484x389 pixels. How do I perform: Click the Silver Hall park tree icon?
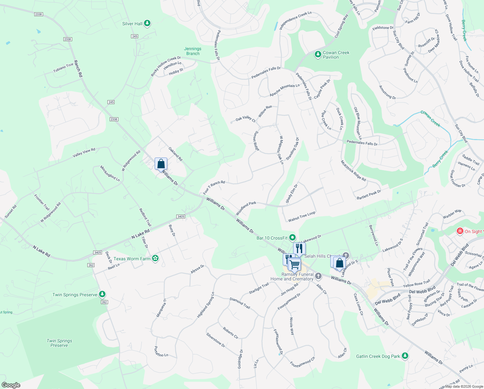pyautogui.click(x=147, y=23)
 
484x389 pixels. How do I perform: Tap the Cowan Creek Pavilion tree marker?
pyautogui.click(x=318, y=54)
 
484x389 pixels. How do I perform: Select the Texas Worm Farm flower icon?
pyautogui.click(x=155, y=258)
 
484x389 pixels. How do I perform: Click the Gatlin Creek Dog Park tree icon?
pyautogui.click(x=405, y=356)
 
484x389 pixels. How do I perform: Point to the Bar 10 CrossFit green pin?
pyautogui.click(x=292, y=238)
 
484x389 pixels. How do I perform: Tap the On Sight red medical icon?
pyautogui.click(x=460, y=231)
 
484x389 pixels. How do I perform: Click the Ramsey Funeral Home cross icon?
pyautogui.click(x=318, y=276)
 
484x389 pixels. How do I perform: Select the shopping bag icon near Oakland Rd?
pyautogui.click(x=161, y=164)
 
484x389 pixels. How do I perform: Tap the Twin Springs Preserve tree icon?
pyautogui.click(x=102, y=294)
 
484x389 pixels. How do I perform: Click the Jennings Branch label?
pyautogui.click(x=193, y=51)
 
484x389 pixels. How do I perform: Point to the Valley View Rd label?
pyautogui.click(x=84, y=152)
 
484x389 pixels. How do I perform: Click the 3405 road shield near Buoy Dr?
pyautogui.click(x=181, y=217)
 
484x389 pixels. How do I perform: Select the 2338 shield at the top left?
pyautogui.click(x=38, y=14)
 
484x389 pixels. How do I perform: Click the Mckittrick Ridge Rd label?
pyautogui.click(x=353, y=171)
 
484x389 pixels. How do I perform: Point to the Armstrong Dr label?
pyautogui.click(x=387, y=92)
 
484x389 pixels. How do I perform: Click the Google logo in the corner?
pyautogui.click(x=11, y=385)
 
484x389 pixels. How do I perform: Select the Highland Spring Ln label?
pyautogui.click(x=206, y=305)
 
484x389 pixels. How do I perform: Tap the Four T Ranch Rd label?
pyautogui.click(x=214, y=187)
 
